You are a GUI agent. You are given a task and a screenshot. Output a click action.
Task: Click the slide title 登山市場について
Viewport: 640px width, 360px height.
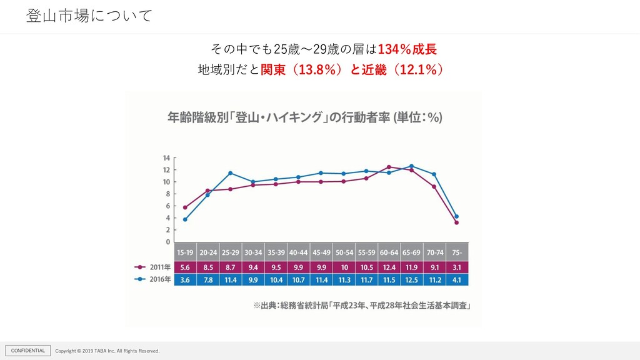tap(89, 16)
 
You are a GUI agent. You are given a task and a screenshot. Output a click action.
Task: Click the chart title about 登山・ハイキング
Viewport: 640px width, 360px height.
tap(305, 118)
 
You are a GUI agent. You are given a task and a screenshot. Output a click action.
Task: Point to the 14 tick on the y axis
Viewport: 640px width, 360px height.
tap(167, 158)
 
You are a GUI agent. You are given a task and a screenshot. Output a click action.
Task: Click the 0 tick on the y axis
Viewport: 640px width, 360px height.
tap(167, 241)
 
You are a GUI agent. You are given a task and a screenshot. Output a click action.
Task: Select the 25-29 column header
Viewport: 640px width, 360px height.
tap(230, 252)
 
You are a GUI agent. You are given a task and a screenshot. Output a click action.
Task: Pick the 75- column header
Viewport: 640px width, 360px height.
tap(456, 252)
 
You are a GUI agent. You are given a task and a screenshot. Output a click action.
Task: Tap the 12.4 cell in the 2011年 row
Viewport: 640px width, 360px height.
tap(389, 267)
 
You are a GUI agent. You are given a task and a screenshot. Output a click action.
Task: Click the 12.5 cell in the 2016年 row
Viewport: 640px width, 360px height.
tap(411, 279)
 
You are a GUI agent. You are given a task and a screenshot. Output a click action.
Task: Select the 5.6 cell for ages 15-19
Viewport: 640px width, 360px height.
tap(185, 267)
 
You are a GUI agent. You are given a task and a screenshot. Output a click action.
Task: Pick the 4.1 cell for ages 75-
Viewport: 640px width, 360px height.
tap(456, 279)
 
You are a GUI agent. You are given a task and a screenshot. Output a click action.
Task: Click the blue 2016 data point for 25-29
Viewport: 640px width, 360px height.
tap(230, 173)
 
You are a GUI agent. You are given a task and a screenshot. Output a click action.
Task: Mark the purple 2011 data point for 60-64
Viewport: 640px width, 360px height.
tap(389, 167)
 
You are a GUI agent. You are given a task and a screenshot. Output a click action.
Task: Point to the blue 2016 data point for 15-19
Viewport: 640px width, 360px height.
tap(185, 219)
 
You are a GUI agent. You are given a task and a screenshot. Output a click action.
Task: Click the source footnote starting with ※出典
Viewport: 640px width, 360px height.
tap(362, 306)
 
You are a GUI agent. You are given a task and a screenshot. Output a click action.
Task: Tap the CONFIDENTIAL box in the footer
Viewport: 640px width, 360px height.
tap(28, 351)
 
